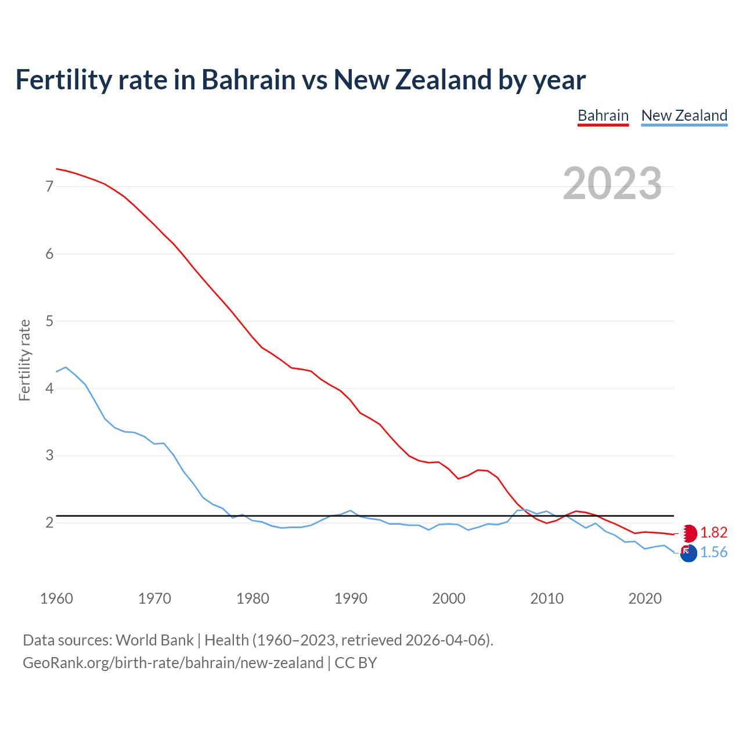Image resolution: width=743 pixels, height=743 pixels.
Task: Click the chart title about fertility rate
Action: click(x=300, y=80)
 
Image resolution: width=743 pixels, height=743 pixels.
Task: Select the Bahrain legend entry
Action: click(x=603, y=116)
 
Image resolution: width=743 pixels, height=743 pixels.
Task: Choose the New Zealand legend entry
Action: click(x=684, y=116)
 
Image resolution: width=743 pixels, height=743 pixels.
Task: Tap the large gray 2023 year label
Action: click(x=612, y=183)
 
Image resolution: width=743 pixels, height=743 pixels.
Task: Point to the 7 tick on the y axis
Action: click(x=49, y=186)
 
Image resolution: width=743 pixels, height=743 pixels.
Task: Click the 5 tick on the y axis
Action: click(x=49, y=321)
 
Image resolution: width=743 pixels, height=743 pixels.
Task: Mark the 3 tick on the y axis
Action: click(x=49, y=456)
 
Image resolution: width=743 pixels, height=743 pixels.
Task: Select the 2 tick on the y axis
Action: click(x=49, y=522)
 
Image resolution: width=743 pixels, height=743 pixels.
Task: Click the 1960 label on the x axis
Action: click(x=56, y=598)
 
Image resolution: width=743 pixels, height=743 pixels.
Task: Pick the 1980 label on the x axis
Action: click(x=253, y=598)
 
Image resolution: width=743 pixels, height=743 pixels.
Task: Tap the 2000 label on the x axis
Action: click(x=449, y=598)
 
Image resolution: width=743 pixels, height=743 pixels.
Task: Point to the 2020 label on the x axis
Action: click(x=645, y=598)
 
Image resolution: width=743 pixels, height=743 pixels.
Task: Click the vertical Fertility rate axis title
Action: click(x=24, y=360)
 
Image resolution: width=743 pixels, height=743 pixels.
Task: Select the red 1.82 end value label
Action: click(x=713, y=533)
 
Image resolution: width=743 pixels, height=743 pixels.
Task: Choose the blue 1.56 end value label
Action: click(x=713, y=553)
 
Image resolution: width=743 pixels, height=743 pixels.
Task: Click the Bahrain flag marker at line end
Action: click(x=688, y=533)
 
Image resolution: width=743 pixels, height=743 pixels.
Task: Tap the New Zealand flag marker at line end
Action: click(x=688, y=554)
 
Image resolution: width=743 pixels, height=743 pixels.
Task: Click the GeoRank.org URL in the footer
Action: click(x=173, y=663)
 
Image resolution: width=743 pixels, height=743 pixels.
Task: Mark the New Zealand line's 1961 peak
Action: click(x=66, y=367)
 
